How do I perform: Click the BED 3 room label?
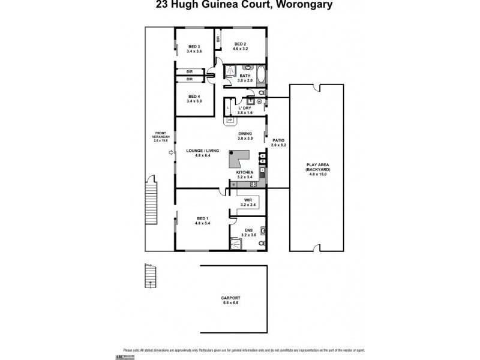[x=194, y=46]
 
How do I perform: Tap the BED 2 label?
[x=240, y=44]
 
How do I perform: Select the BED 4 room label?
[x=194, y=96]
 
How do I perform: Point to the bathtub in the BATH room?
[x=259, y=77]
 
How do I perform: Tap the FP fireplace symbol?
[x=229, y=120]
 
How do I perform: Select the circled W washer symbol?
[x=259, y=101]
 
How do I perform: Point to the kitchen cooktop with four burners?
[x=253, y=185]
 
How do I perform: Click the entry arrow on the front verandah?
[x=170, y=153]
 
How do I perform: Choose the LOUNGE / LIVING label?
[x=199, y=151]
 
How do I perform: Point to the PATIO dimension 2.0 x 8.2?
[x=277, y=145]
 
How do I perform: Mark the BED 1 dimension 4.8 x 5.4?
[x=202, y=223]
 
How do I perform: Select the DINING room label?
[x=245, y=134]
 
